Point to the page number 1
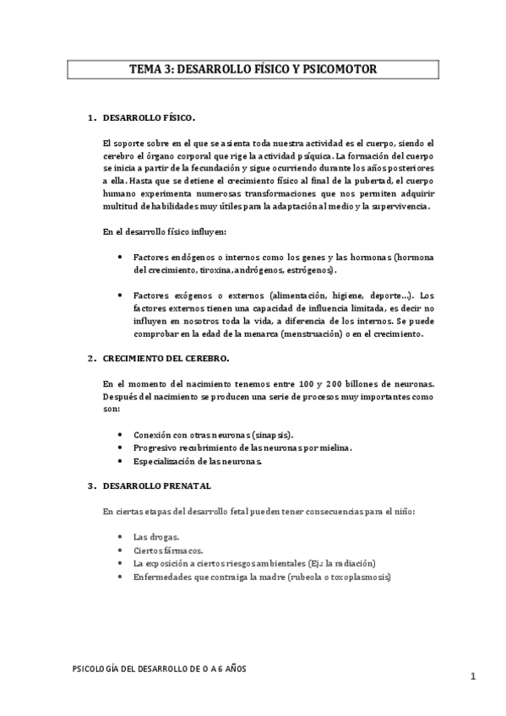pyautogui.click(x=474, y=676)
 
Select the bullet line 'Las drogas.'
pyautogui.click(x=155, y=536)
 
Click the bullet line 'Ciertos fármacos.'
pyautogui.click(x=167, y=550)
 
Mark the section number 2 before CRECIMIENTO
pyautogui.click(x=90, y=359)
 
